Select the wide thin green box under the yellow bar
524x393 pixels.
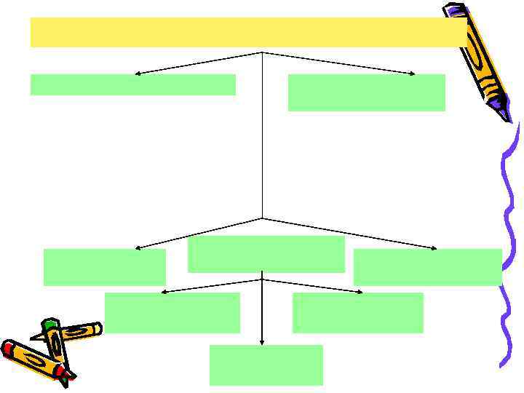coord(132,84)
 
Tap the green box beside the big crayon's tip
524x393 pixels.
coord(366,92)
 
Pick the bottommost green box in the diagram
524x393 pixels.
coord(266,365)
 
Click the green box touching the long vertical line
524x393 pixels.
coord(266,254)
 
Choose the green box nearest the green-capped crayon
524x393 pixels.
coord(104,267)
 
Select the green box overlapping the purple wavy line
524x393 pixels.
coord(427,267)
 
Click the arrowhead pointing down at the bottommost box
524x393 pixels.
coord(262,341)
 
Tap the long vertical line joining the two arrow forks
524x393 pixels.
coord(262,146)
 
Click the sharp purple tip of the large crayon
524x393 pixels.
coord(508,119)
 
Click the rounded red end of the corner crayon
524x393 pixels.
coord(7,348)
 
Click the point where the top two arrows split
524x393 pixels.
coord(262,52)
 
